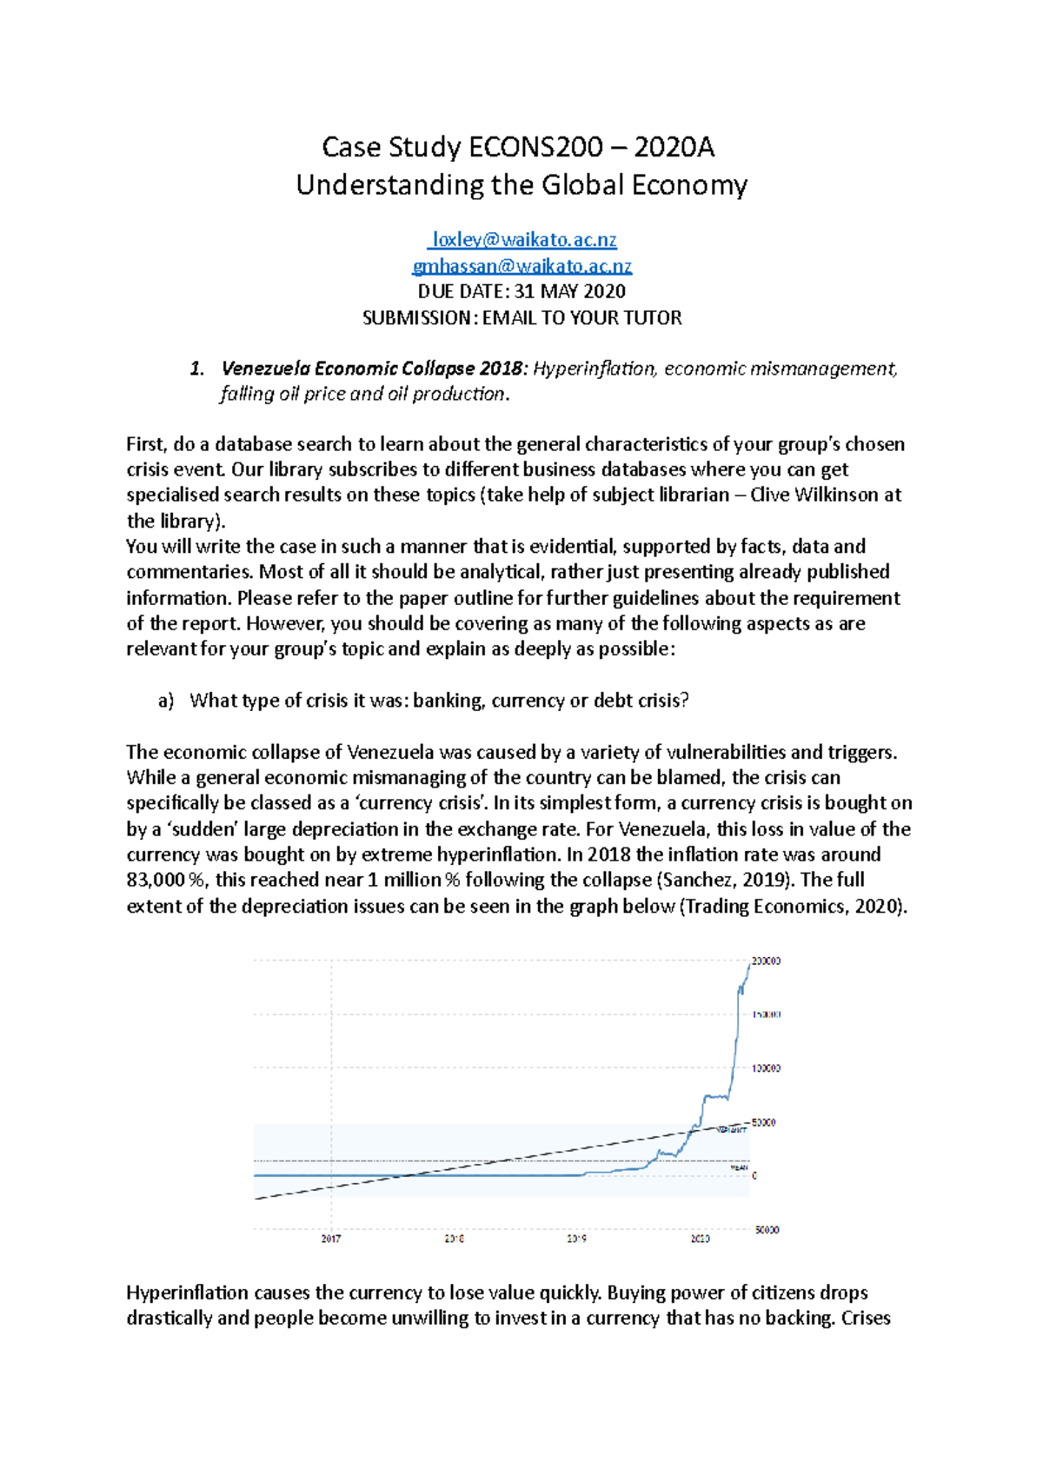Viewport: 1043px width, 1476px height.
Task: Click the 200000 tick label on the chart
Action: click(x=766, y=961)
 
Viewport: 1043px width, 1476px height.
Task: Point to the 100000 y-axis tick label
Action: click(x=766, y=1067)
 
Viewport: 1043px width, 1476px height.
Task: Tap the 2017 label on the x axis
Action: click(x=331, y=1239)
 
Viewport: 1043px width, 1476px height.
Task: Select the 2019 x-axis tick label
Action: click(x=577, y=1239)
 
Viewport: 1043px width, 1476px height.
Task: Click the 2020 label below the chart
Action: click(x=701, y=1239)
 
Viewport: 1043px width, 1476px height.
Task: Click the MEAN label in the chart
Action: click(x=738, y=1167)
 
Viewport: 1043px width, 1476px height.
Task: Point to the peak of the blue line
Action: click(x=749, y=962)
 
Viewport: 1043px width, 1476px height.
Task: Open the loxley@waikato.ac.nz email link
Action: click(x=524, y=239)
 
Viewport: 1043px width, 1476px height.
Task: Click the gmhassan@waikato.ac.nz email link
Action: click(x=521, y=265)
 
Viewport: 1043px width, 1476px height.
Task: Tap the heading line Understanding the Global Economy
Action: click(x=521, y=185)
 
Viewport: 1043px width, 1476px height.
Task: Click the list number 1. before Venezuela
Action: click(x=196, y=369)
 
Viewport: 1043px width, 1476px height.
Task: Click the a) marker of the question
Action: click(x=166, y=701)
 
